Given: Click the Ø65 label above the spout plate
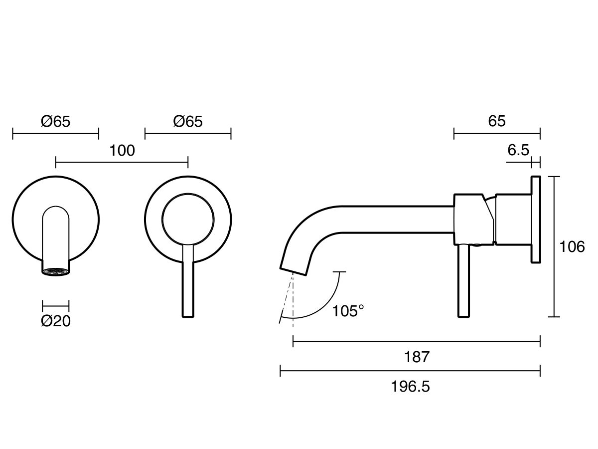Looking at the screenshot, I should tap(55, 121).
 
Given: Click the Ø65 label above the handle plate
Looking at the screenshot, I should tap(188, 121).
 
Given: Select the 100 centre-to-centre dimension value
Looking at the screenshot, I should tap(122, 151).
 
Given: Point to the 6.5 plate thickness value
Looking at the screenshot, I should tap(518, 150).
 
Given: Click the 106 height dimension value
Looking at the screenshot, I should tap(571, 247).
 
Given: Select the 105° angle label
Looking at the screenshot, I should tap(348, 311).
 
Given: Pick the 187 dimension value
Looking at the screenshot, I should tap(417, 357).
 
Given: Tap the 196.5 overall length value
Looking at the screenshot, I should tap(410, 387).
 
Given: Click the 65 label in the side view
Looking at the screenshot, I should tap(497, 121).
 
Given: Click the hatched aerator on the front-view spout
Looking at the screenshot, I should tap(55, 271).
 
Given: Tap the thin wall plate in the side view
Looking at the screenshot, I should tap(536, 220).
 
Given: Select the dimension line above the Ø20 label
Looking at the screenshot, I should tap(55, 305).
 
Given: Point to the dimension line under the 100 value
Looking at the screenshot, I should tap(122, 162).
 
